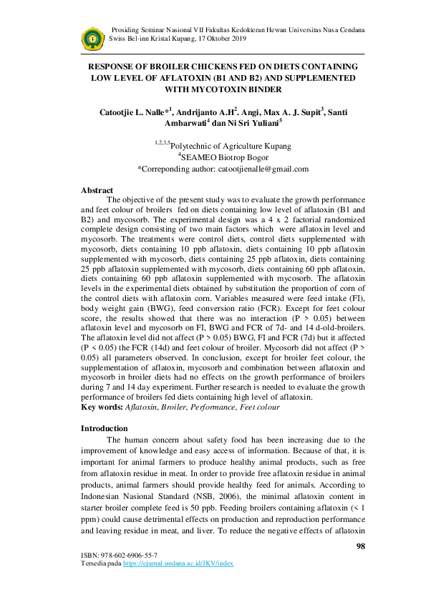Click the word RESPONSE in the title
[113, 66]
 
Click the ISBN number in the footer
[123, 555]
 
